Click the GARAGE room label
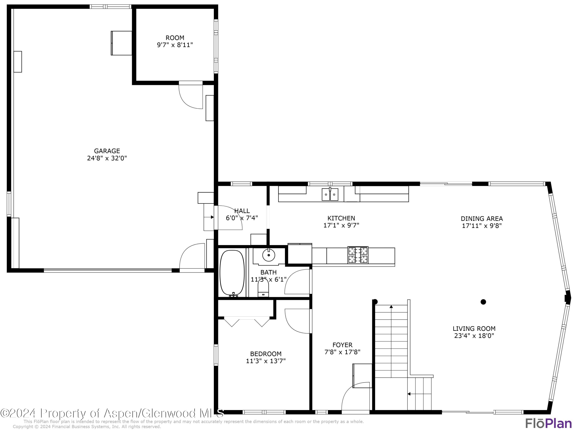point(107,151)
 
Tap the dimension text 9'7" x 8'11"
point(175,45)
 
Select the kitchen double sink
point(330,194)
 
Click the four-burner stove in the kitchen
point(358,255)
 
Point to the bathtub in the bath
point(232,273)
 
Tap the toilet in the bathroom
point(263,288)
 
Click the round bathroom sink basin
point(269,255)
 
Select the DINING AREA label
point(482,218)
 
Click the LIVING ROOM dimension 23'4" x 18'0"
point(474,336)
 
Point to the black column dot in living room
point(483,302)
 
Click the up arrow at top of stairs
point(391,307)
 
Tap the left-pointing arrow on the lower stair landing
point(409,394)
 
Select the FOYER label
point(342,345)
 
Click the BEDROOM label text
point(266,354)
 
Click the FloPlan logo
point(548,423)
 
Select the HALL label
point(242,211)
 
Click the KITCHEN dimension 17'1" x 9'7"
point(341,225)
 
